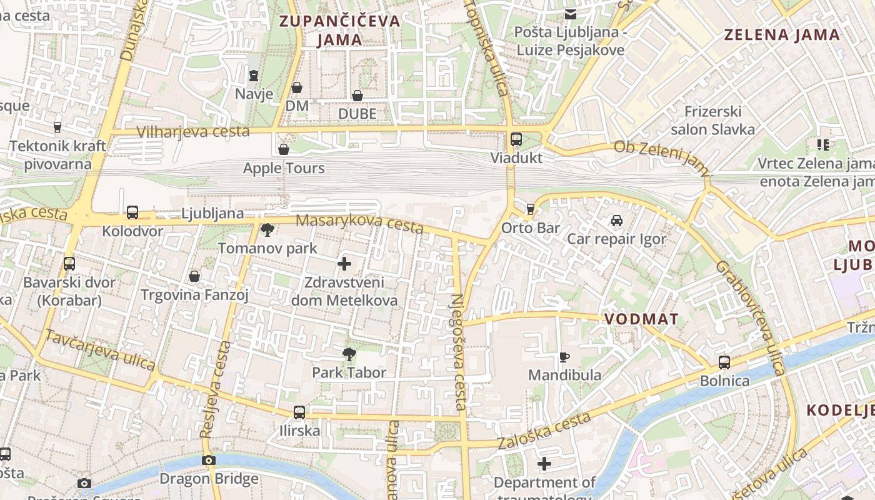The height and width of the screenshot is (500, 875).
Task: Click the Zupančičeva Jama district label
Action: [x=339, y=30]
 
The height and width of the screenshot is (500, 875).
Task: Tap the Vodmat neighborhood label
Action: [x=641, y=319]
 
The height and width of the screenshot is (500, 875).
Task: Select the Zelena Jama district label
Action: [x=782, y=34]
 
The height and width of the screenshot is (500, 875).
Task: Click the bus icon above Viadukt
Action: [x=516, y=139]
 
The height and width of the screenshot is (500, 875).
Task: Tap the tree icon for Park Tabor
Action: [x=349, y=354]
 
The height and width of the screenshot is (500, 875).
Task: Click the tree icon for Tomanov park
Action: [x=267, y=230]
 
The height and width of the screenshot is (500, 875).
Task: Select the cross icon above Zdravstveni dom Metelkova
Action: [x=344, y=264]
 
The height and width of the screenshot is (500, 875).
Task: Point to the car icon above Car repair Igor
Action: [x=617, y=221]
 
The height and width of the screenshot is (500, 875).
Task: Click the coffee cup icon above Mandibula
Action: [x=564, y=357]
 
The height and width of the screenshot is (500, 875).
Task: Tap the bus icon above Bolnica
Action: [x=724, y=362]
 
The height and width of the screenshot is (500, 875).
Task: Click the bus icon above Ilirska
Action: [x=299, y=412]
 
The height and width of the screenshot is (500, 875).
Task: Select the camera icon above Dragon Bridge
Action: [x=209, y=461]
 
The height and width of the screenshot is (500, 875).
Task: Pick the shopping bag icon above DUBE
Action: [x=357, y=96]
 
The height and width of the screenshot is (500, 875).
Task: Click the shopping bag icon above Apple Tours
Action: [x=284, y=149]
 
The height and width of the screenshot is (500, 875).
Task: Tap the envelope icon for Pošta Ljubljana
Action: [x=570, y=14]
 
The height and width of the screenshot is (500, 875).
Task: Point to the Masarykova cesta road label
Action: [x=359, y=223]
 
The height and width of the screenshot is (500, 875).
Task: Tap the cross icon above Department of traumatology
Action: [x=544, y=464]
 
